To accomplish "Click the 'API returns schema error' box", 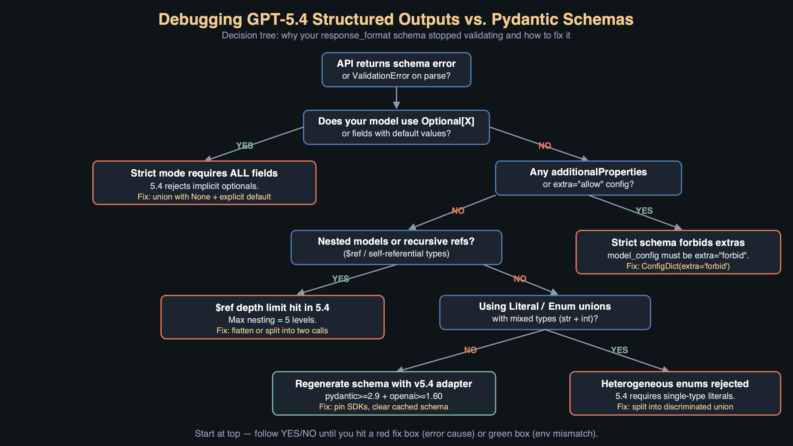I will (396, 70).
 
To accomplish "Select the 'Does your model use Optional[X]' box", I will (396, 127).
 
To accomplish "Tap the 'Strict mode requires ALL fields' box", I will (204, 183).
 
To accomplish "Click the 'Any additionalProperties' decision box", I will (588, 178).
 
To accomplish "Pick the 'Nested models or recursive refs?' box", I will (396, 247).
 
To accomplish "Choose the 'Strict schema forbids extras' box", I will (678, 252).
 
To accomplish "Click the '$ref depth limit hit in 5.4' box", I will (272, 317).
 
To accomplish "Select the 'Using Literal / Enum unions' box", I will (545, 313).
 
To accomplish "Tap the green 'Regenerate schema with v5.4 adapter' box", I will (384, 393).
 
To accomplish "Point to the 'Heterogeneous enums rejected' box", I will (675, 393).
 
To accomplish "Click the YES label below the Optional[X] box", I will (244, 146).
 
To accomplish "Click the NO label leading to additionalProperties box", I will (545, 146).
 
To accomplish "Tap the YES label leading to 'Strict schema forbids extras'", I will (644, 211).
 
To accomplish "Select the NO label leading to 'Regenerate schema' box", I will (470, 350).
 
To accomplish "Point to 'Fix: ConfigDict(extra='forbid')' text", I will (678, 266).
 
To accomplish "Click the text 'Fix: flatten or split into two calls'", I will (272, 331).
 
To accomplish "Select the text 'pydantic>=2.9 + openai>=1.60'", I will (383, 396).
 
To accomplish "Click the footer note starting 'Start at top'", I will (396, 434).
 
